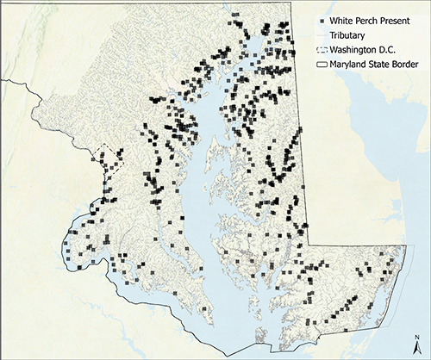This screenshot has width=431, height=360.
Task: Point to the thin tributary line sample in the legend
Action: (322, 35)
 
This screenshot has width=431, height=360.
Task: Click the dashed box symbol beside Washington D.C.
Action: (322, 49)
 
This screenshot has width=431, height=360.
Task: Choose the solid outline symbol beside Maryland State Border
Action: (322, 63)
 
